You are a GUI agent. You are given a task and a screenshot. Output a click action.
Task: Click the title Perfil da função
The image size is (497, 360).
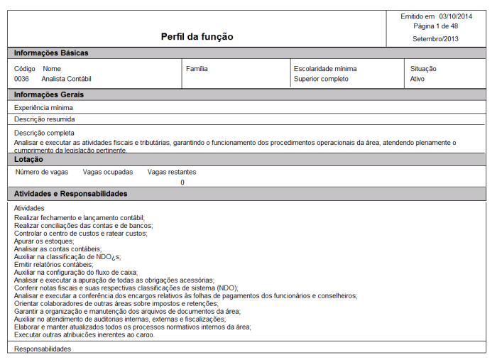click(197, 37)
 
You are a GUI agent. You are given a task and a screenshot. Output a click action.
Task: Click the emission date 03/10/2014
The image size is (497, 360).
click(455, 16)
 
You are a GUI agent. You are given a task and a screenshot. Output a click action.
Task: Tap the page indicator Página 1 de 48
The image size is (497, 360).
click(435, 26)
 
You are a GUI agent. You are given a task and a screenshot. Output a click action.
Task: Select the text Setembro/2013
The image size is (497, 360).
click(435, 39)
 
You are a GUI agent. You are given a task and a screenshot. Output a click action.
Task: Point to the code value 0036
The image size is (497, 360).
click(21, 79)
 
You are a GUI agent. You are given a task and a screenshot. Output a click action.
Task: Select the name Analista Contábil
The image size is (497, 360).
click(67, 79)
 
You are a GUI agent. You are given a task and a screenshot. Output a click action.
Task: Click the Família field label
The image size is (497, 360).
click(197, 69)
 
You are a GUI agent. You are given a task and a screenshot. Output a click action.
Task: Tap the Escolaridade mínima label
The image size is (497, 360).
click(325, 69)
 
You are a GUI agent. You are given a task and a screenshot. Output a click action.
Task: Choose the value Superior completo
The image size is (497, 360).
click(321, 79)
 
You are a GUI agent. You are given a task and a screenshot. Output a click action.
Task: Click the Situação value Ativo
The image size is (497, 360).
click(418, 79)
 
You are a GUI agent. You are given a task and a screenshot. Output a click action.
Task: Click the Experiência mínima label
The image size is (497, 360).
click(43, 107)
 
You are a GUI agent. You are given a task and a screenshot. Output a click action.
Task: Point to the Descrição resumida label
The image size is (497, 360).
click(44, 119)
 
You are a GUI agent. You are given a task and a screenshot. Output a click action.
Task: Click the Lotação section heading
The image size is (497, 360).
click(28, 160)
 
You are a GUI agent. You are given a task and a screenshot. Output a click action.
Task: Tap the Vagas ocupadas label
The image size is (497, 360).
click(108, 172)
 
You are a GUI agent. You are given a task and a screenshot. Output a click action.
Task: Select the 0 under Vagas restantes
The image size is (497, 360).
click(182, 182)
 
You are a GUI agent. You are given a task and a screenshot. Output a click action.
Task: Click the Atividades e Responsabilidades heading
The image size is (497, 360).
click(71, 194)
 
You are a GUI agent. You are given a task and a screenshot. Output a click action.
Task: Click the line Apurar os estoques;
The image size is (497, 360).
click(44, 241)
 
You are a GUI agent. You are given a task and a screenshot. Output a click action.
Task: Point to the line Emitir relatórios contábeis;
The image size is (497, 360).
click(54, 264)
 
